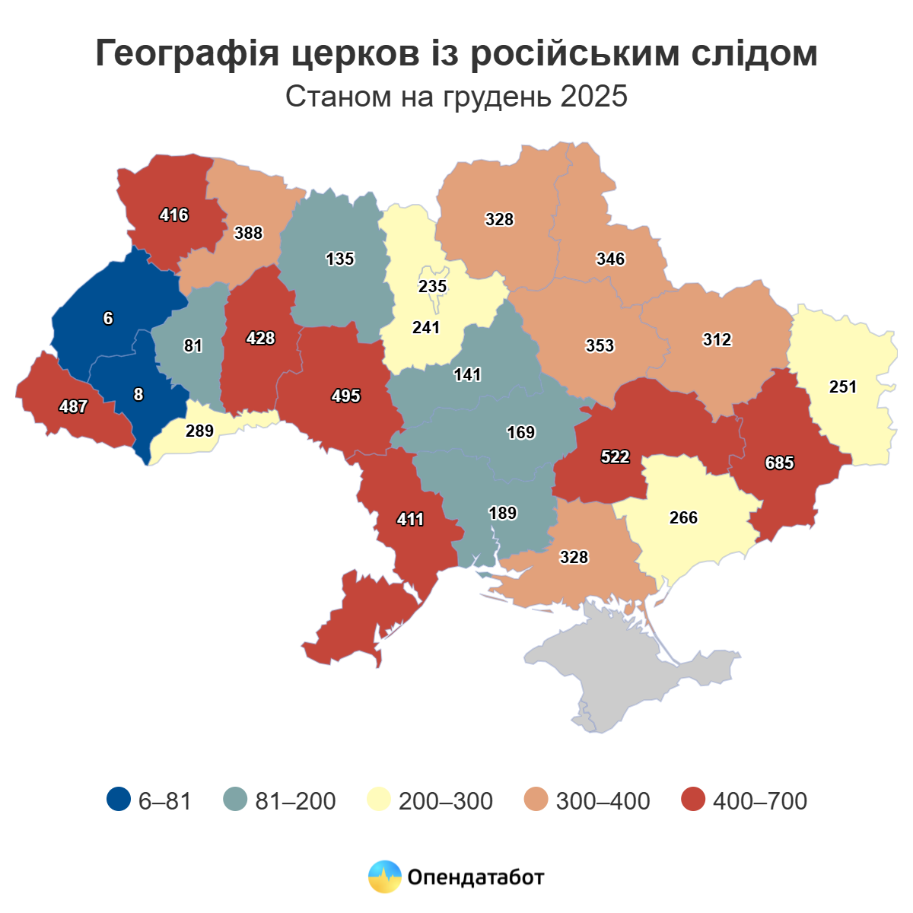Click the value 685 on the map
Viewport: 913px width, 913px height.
(780, 463)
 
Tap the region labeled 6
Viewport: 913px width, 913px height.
(108, 319)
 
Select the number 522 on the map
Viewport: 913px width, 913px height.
(615, 456)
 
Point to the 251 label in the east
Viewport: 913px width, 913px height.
(843, 387)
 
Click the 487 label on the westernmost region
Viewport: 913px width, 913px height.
(74, 406)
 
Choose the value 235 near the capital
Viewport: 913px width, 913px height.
(433, 286)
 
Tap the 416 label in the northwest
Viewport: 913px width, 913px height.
(174, 215)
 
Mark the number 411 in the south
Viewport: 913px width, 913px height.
(411, 520)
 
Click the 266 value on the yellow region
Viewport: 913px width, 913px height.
(683, 517)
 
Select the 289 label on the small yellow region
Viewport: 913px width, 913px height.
(200, 431)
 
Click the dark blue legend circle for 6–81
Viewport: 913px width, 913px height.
(119, 800)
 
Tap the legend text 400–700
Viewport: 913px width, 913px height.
(759, 800)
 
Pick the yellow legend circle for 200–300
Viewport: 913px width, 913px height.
(379, 800)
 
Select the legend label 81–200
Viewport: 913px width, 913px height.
(296, 800)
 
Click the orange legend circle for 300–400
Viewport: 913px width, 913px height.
(536, 800)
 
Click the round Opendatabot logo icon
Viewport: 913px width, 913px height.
(384, 877)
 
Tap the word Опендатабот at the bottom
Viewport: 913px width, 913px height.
(476, 877)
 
